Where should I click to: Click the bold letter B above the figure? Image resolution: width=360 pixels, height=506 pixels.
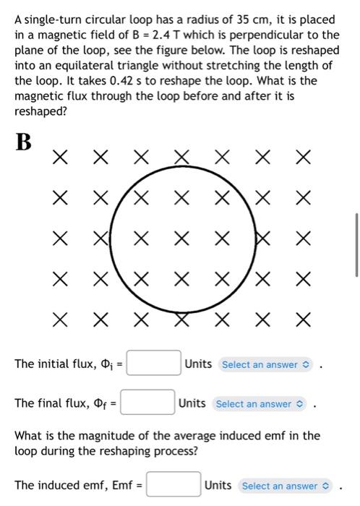tap(23, 142)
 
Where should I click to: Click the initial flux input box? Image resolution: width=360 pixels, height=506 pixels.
tap(154, 363)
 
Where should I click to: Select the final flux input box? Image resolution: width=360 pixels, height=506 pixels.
tap(147, 403)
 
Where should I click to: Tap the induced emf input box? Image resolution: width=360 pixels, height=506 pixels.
tap(173, 485)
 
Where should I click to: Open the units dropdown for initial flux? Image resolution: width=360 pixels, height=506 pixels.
tap(265, 364)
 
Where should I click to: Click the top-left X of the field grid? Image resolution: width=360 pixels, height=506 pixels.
tap(61, 156)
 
